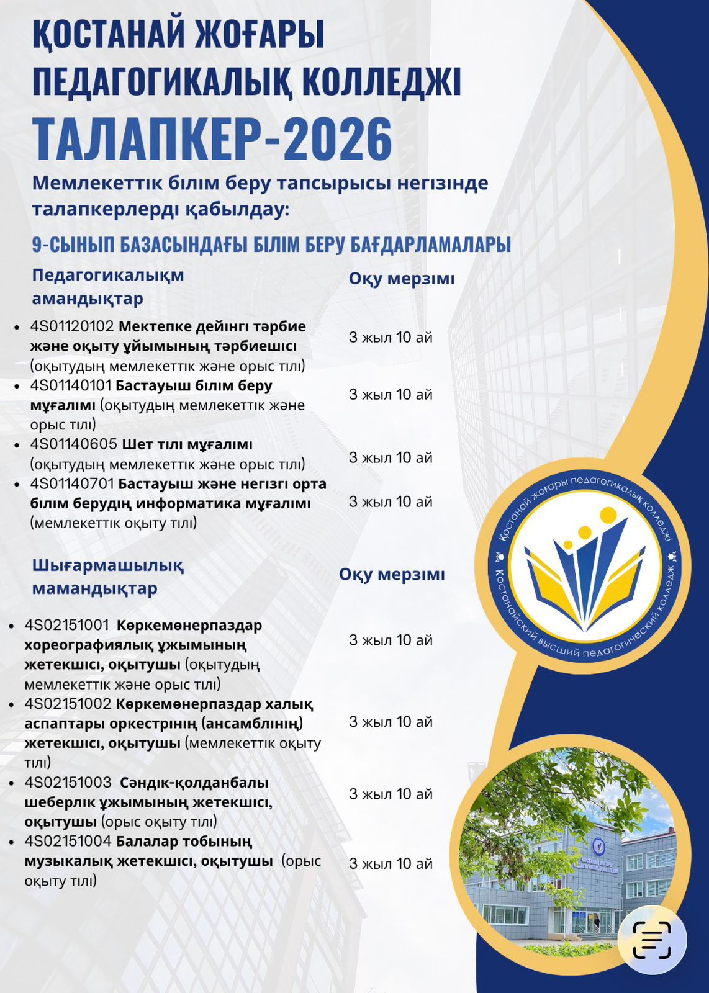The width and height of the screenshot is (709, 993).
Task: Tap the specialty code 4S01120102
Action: click(72, 326)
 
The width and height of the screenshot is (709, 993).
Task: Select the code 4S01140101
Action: click(70, 385)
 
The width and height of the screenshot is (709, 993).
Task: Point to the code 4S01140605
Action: click(73, 444)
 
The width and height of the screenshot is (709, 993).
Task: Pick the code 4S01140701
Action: click(72, 483)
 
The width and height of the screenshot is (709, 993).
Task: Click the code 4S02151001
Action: click(66, 625)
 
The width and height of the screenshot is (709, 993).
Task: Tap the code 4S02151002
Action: click(68, 704)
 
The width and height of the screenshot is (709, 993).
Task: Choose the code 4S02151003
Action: click(68, 782)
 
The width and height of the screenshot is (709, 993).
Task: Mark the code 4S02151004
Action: click(68, 841)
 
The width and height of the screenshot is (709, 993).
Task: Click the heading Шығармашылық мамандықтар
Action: click(107, 577)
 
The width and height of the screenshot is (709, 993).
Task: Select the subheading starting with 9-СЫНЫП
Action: click(271, 245)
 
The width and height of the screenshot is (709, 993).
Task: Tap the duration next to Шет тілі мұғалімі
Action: click(391, 458)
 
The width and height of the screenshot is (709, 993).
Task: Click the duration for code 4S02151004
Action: click(391, 864)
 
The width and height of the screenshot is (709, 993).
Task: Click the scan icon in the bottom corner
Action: click(652, 940)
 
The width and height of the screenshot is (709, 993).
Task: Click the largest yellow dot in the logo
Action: click(608, 514)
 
